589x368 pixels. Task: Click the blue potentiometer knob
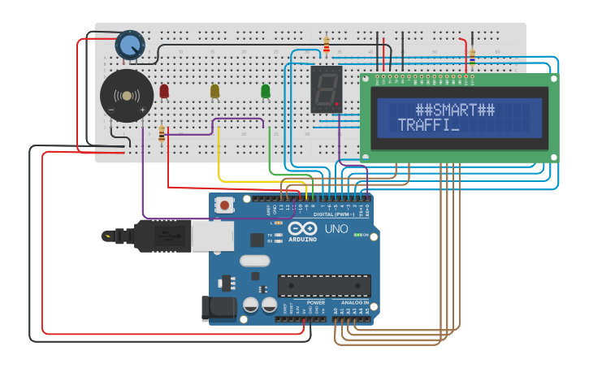(x=128, y=45)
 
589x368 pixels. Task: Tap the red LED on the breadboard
(x=164, y=91)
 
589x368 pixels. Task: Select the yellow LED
(x=214, y=91)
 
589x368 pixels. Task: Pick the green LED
(x=265, y=91)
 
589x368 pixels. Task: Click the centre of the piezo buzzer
(x=126, y=96)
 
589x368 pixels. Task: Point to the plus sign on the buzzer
(x=142, y=110)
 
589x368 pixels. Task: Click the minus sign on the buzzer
(x=111, y=110)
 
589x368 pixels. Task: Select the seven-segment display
(x=325, y=89)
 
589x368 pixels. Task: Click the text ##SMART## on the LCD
(x=455, y=110)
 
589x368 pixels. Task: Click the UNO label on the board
(x=336, y=229)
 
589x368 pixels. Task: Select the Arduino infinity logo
(x=302, y=229)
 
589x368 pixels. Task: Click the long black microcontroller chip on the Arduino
(x=324, y=286)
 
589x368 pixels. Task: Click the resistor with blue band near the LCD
(x=471, y=54)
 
